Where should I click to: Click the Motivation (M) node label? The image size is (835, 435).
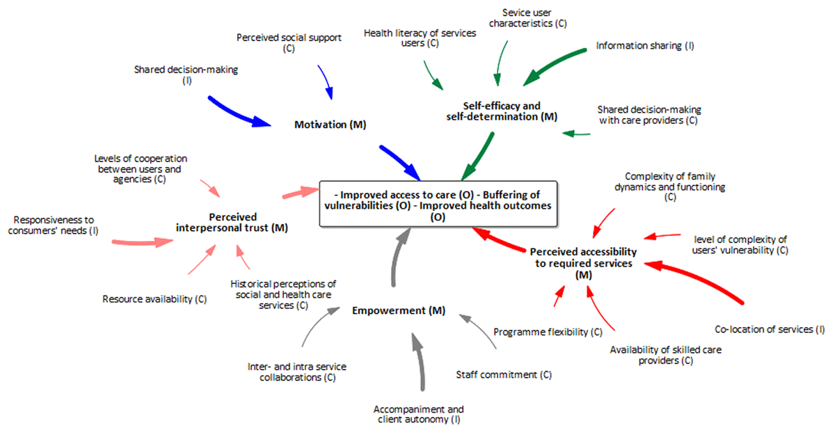pyautogui.click(x=330, y=125)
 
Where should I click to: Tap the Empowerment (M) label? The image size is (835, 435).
pyautogui.click(x=398, y=310)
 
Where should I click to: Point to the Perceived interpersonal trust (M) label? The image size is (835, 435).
pyautogui.click(x=231, y=222)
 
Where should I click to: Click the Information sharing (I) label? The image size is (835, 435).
pyautogui.click(x=645, y=46)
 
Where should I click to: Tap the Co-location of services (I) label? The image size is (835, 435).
pyautogui.click(x=770, y=329)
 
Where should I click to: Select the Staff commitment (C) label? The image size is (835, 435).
pyautogui.click(x=504, y=374)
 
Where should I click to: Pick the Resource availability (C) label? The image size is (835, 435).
pyautogui.click(x=154, y=299)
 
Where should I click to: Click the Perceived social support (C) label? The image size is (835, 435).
pyautogui.click(x=289, y=43)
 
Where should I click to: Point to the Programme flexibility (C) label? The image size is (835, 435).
pyautogui.click(x=548, y=332)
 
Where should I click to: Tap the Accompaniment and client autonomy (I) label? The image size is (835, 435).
pyautogui.click(x=418, y=414)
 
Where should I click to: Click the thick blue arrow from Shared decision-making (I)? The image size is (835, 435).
pyautogui.click(x=240, y=110)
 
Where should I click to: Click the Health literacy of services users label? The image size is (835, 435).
pyautogui.click(x=420, y=38)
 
